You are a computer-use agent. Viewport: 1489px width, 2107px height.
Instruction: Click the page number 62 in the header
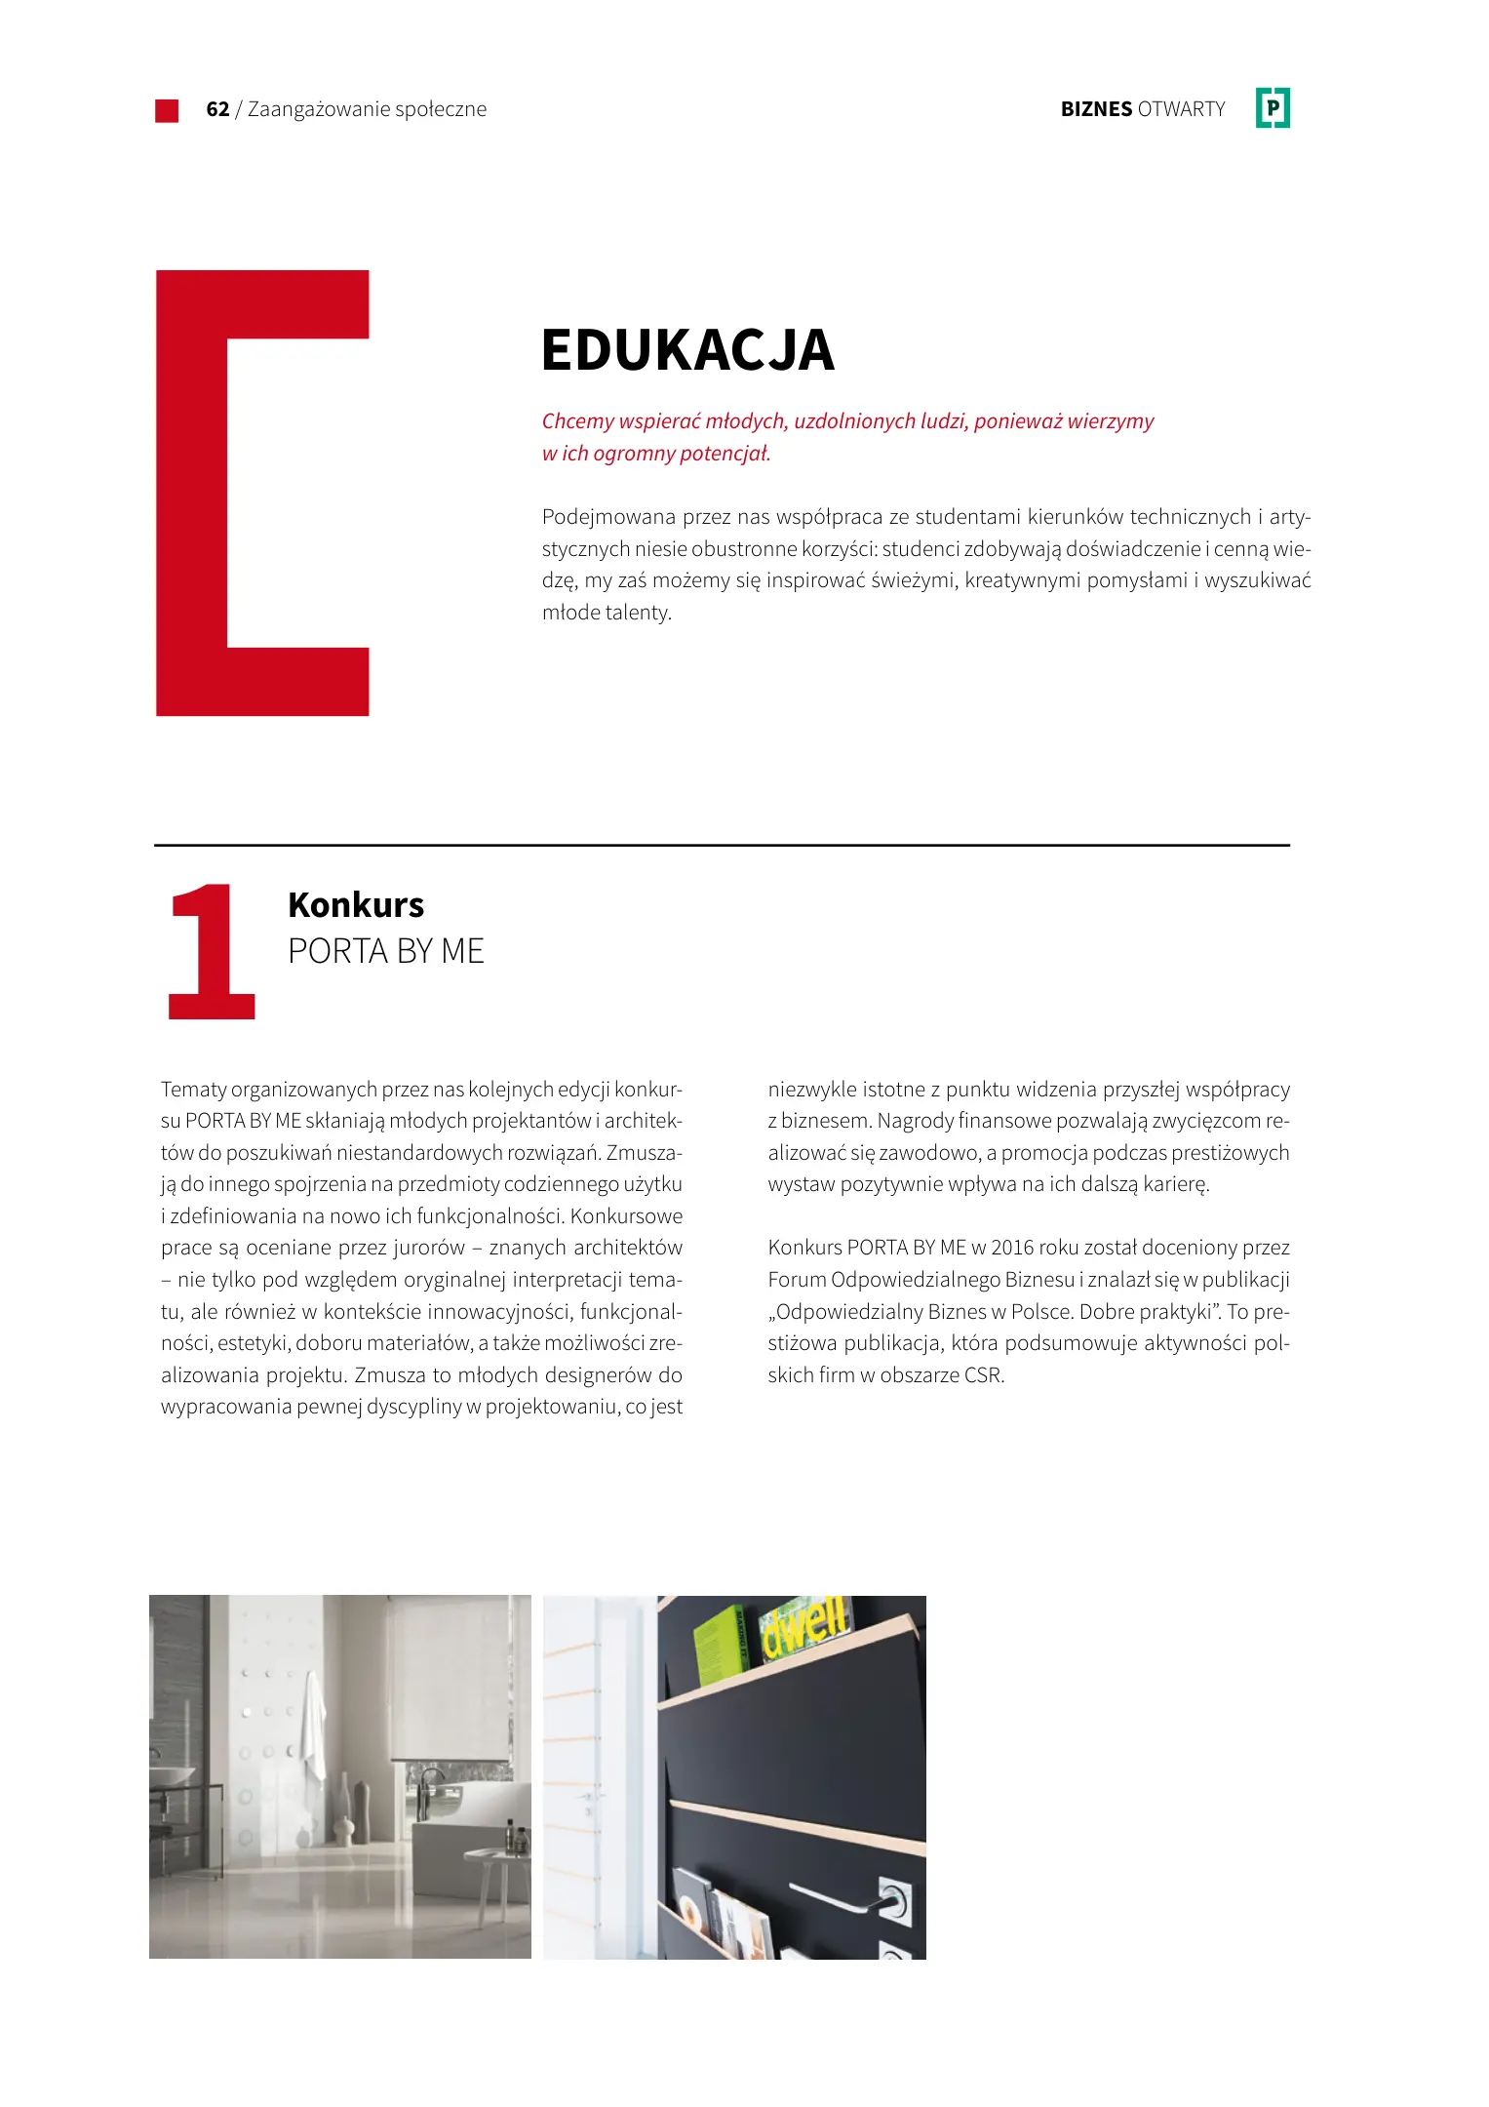coord(217,109)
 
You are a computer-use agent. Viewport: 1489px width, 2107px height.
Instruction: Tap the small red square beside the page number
coord(167,110)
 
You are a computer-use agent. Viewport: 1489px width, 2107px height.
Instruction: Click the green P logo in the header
coord(1273,108)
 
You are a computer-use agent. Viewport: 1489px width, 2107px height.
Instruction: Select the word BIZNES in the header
coord(1096,109)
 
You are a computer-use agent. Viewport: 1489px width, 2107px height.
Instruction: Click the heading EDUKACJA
coord(687,350)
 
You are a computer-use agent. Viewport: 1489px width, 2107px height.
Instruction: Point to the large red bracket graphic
coord(195,493)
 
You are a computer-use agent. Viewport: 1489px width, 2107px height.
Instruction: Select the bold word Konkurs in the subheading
coord(356,905)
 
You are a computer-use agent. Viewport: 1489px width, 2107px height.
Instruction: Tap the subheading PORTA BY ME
coord(386,951)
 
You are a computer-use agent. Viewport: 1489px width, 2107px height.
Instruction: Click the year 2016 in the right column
coord(1012,1248)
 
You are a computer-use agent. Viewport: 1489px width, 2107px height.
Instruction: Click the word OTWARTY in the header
coord(1181,109)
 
